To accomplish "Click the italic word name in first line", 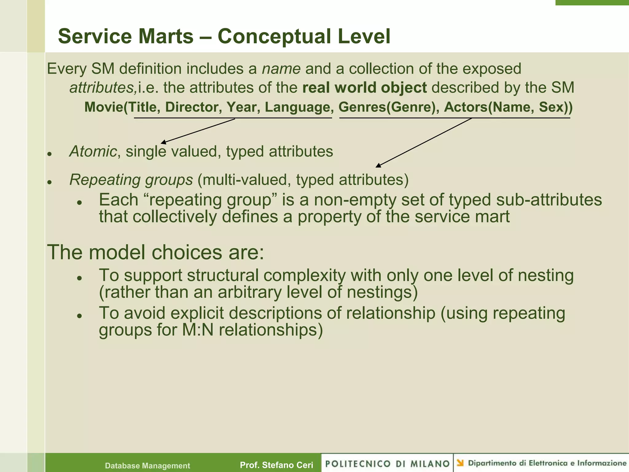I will click(x=281, y=69).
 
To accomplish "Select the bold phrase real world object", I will click(x=364, y=88).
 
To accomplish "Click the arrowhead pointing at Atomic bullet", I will click(x=163, y=142).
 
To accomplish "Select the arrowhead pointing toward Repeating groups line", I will click(x=378, y=166).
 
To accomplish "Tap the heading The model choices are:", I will click(x=155, y=252).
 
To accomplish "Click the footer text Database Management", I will click(x=147, y=466).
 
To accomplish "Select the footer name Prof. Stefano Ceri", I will click(x=276, y=465).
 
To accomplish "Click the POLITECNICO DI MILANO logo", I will click(x=387, y=463).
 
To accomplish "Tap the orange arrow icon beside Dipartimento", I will click(x=460, y=463).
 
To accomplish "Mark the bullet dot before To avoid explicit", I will click(x=79, y=316).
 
